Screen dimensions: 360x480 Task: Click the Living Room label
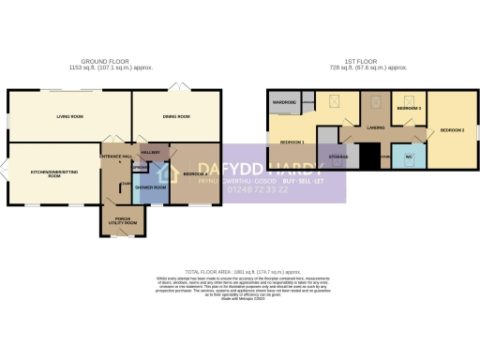click(58, 117)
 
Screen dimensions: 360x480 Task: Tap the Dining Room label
click(178, 117)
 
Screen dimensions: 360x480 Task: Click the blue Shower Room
click(151, 187)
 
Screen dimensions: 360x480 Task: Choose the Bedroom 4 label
click(195, 174)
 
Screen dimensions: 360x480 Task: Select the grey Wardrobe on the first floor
click(284, 101)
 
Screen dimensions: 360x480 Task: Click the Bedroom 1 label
click(292, 141)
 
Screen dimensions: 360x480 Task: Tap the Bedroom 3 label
click(408, 109)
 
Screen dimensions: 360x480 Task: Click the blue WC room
click(408, 157)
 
